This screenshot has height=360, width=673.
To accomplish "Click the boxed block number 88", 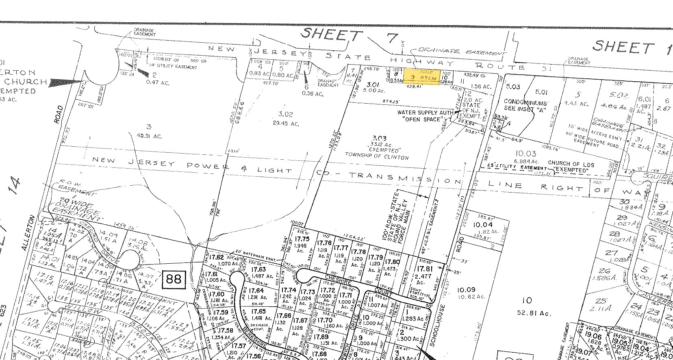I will [x=174, y=279].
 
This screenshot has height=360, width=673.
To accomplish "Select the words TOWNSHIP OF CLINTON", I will [x=377, y=156].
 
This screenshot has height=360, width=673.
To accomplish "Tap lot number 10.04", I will [x=482, y=225].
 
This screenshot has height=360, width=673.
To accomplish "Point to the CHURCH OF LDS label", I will [x=571, y=165].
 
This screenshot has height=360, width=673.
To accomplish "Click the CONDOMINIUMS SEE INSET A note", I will [x=521, y=105].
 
